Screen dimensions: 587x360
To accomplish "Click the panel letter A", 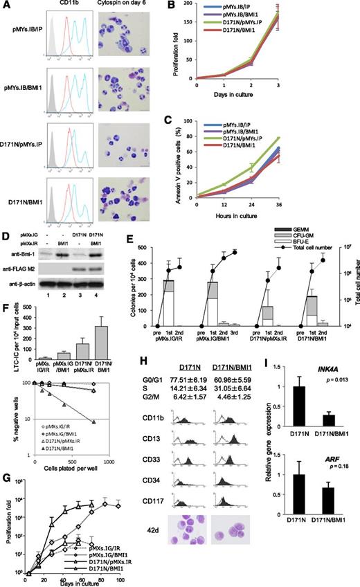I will [x=5, y=6].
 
